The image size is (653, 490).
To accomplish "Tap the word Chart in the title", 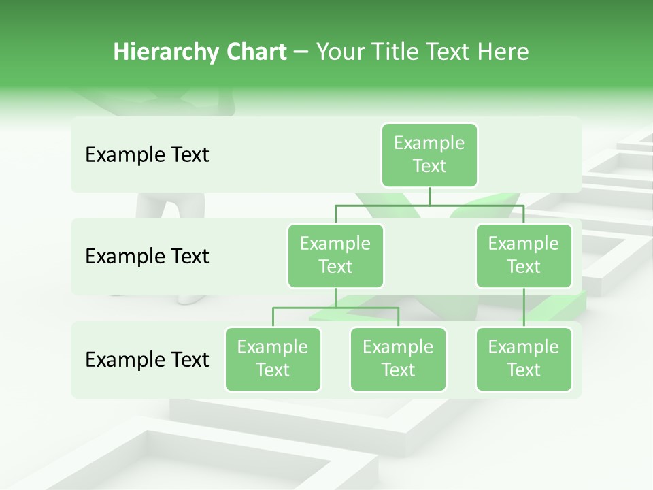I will tap(256, 52).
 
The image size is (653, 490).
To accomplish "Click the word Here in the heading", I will tap(503, 52).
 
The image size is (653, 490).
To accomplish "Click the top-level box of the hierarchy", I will tap(429, 154).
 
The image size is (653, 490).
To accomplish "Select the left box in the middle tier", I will tap(335, 255).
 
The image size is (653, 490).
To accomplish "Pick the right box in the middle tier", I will tap(524, 255).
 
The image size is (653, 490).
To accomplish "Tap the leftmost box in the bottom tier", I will tap(273, 359).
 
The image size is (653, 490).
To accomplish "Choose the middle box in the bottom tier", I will tap(398, 359).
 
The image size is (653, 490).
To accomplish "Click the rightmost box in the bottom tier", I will tap(524, 359).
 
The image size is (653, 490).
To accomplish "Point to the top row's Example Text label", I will tap(147, 154).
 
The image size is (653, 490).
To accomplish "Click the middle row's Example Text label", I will tap(147, 256).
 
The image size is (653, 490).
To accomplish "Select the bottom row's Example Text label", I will tap(147, 359).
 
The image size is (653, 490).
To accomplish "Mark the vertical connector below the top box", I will tap(429, 196).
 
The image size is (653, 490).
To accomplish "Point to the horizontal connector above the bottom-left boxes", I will tap(335, 308).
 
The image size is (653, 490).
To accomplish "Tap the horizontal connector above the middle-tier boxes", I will tap(429, 205).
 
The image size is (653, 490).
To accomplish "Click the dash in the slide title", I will tap(301, 52).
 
